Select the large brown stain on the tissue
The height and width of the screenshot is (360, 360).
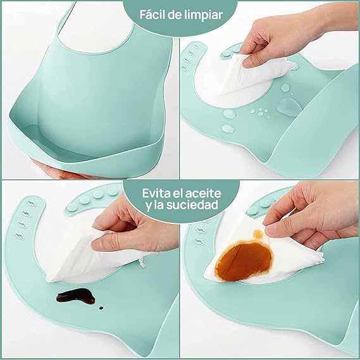click(250, 259)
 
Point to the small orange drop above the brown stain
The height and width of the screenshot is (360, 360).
click(258, 235)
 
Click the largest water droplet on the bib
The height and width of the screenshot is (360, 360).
click(287, 104)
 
